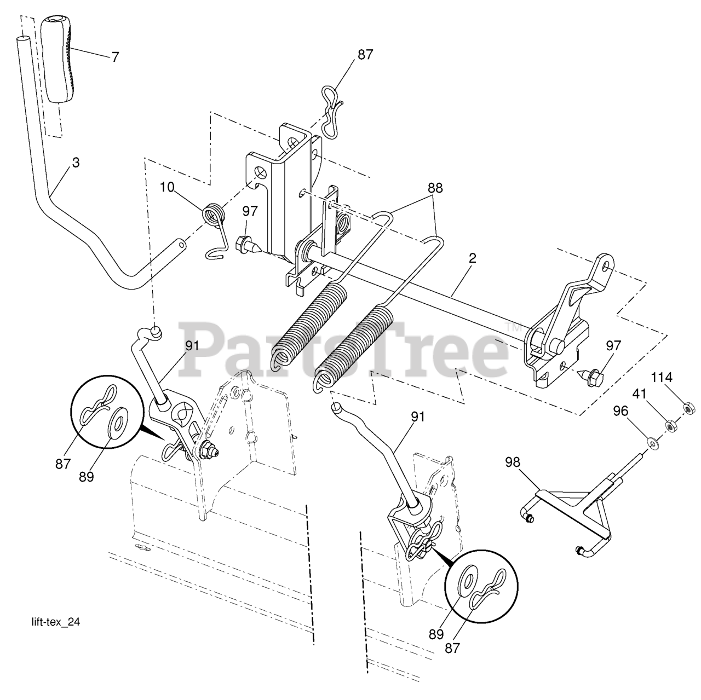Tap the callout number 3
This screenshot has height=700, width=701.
(x=76, y=163)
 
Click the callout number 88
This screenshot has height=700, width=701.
(x=435, y=188)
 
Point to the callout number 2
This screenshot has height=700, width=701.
(x=472, y=259)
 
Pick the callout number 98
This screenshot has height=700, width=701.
(x=513, y=462)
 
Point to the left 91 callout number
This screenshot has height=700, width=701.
(x=192, y=345)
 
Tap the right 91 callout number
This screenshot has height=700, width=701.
(x=417, y=416)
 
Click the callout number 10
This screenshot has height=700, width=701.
(x=167, y=187)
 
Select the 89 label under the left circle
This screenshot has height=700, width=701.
(x=87, y=476)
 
